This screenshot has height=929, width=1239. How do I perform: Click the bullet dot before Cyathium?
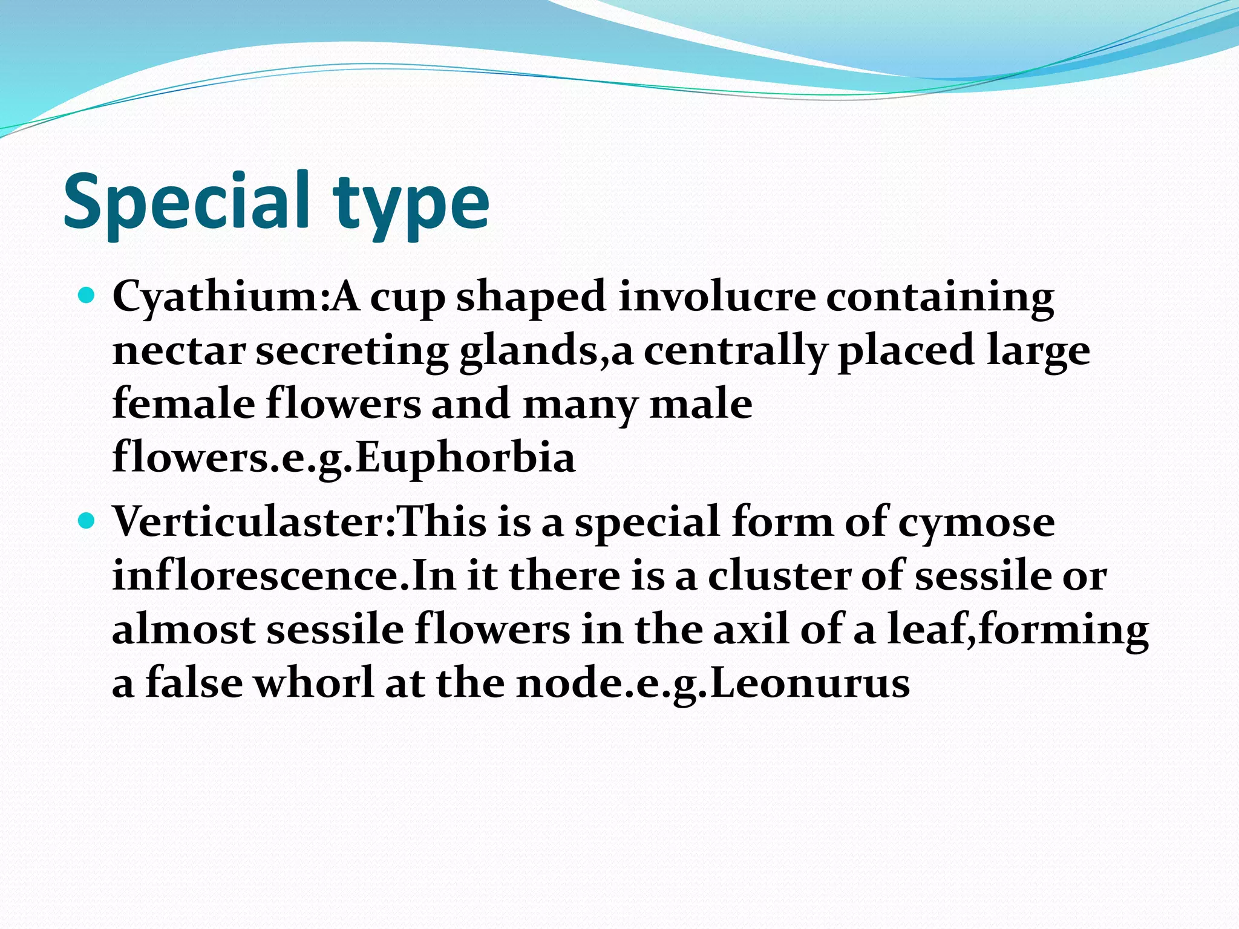coord(87,296)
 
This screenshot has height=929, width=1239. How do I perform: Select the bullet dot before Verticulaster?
coord(87,520)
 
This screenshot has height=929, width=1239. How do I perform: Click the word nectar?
coord(179,351)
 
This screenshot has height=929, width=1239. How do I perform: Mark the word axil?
coord(751,628)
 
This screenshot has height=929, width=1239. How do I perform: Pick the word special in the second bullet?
coord(647,522)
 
